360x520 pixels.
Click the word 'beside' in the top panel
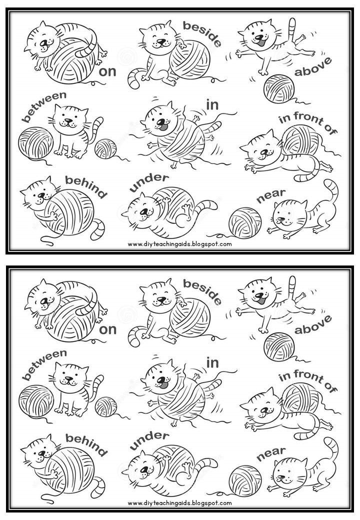(x=201, y=33)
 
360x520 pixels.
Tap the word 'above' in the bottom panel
(x=312, y=324)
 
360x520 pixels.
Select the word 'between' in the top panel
(x=44, y=106)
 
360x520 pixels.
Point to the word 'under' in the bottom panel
(x=149, y=440)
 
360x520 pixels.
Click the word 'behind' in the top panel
(x=86, y=186)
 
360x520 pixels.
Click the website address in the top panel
(x=179, y=244)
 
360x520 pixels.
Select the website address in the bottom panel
(x=179, y=503)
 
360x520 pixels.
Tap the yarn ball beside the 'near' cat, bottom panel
(x=244, y=480)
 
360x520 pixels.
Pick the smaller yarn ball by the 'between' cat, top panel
(x=105, y=148)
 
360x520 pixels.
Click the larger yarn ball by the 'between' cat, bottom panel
(x=35, y=400)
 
